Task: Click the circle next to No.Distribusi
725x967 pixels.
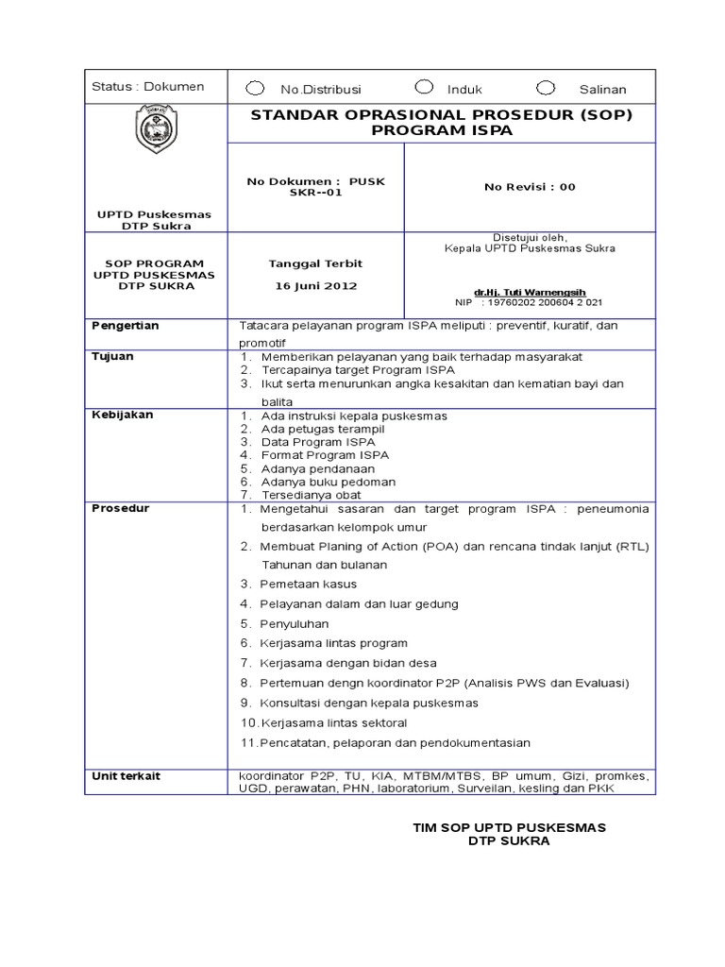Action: click(x=255, y=88)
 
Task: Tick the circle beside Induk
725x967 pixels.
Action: click(x=425, y=88)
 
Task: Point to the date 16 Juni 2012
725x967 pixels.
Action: click(x=316, y=285)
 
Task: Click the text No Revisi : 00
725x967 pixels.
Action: click(x=530, y=187)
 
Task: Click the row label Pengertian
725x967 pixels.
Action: click(x=126, y=326)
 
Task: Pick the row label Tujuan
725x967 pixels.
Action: click(x=112, y=356)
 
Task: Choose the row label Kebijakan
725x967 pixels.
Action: click(x=122, y=415)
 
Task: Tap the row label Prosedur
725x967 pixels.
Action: click(x=120, y=508)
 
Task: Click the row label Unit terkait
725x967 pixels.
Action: click(x=126, y=775)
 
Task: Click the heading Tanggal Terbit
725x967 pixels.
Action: click(x=316, y=263)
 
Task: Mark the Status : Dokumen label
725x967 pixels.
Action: click(x=148, y=87)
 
